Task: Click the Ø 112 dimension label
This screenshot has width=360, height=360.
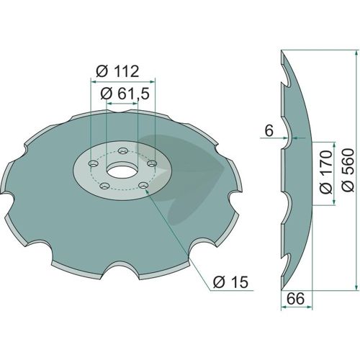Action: pos(117,71)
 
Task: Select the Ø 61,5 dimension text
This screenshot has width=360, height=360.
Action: pos(125,94)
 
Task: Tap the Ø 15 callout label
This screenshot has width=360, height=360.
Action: pos(230,282)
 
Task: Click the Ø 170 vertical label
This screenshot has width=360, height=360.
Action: pos(326,172)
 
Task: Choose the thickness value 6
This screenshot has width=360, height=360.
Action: pos(269,131)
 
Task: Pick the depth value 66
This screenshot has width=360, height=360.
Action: pos(296,299)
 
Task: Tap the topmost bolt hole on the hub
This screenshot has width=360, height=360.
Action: pos(123,151)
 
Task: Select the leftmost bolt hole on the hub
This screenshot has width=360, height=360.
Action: pos(94,164)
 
